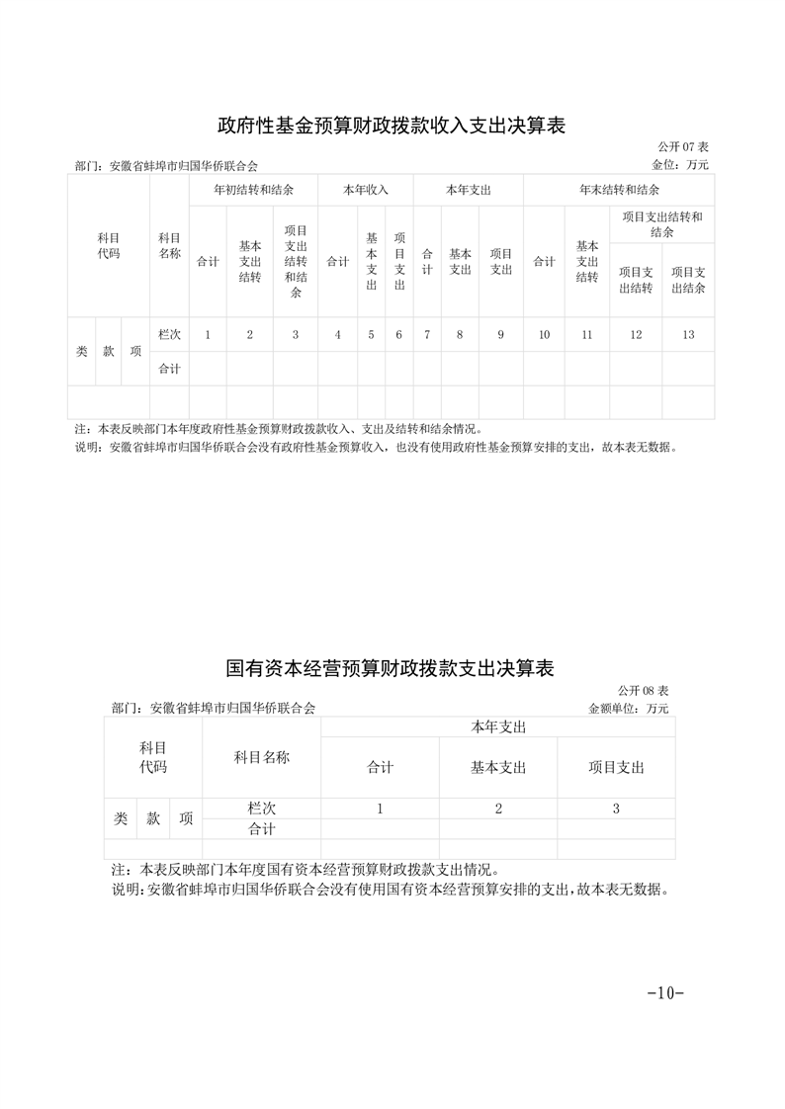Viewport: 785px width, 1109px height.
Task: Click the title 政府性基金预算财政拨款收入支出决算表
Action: [392, 127]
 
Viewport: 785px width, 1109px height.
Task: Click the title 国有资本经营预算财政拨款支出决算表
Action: [392, 669]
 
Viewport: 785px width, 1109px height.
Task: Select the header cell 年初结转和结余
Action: [253, 189]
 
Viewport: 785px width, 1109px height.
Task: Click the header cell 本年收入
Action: [366, 189]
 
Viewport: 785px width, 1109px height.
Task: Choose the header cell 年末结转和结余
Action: [619, 189]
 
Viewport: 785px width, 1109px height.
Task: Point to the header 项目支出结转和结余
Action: [661, 224]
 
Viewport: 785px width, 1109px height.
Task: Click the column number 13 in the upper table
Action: [688, 335]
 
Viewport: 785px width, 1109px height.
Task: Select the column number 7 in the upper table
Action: [427, 335]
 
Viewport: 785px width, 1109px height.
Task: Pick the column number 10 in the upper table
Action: [544, 335]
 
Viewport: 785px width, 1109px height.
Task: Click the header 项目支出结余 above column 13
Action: [688, 280]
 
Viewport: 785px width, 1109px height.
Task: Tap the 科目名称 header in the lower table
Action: [261, 757]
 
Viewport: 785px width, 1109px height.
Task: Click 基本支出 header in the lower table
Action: [498, 767]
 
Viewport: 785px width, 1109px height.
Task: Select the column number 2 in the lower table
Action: [498, 809]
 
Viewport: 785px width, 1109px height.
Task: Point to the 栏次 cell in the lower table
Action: [261, 809]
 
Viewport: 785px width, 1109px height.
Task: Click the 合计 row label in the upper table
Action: [169, 369]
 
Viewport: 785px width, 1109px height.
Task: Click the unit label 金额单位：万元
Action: [629, 709]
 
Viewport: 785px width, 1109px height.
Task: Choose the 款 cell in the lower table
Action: [153, 818]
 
